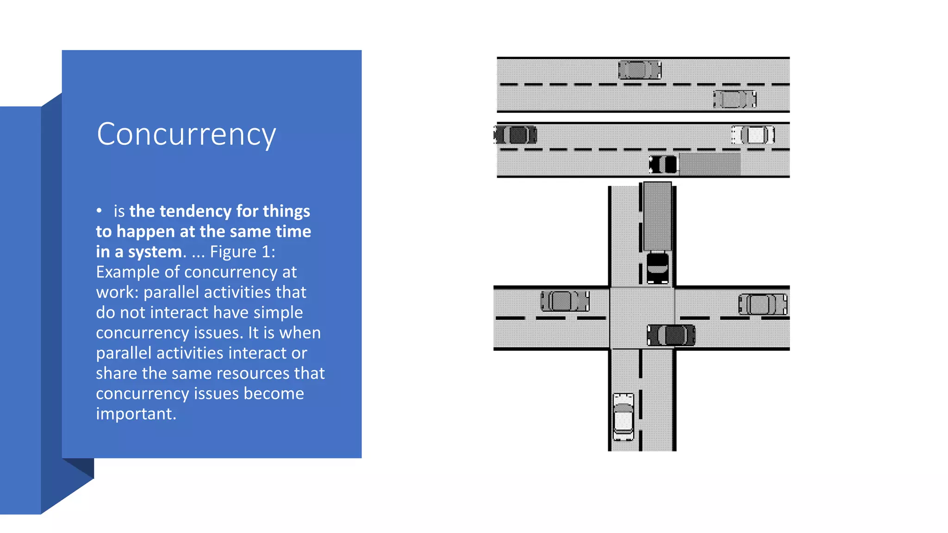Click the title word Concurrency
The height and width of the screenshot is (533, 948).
[186, 134]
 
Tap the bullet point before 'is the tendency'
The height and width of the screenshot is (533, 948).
[99, 211]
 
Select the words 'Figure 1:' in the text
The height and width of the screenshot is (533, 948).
[243, 252]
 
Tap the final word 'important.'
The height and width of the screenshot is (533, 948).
[136, 414]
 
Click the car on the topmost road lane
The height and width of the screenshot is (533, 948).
[640, 70]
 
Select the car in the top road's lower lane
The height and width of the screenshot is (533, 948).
[735, 99]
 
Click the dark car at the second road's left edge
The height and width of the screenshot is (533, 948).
[516, 135]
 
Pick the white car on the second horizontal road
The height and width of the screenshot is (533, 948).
[753, 135]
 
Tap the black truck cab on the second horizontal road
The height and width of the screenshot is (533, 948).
[663, 164]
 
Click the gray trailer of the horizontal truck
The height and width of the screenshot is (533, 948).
[710, 164]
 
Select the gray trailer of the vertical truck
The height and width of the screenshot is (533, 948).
[657, 216]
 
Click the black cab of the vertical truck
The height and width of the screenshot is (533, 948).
[657, 267]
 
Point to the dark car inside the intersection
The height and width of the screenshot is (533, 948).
[671, 335]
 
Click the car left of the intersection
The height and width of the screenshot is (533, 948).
[565, 301]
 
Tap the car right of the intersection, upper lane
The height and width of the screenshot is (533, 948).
[763, 304]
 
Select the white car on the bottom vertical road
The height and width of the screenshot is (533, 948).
[623, 417]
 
